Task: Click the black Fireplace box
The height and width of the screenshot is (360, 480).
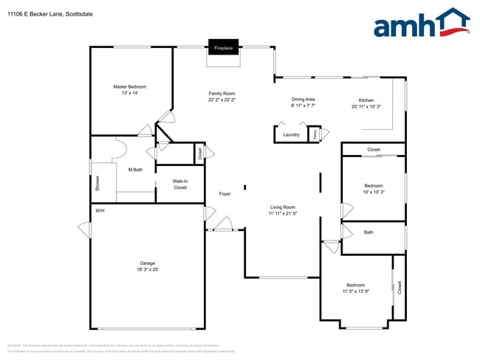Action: tap(223, 48)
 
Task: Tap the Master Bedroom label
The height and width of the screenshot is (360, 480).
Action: tap(129, 86)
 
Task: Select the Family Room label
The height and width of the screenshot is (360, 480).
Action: tap(222, 94)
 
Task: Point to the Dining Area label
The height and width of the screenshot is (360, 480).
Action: tap(303, 99)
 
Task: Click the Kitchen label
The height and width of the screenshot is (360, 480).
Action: tap(366, 100)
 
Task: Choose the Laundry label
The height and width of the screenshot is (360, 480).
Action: tap(291, 135)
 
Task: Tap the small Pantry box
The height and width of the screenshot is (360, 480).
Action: tap(315, 134)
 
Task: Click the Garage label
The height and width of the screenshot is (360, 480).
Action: tap(148, 263)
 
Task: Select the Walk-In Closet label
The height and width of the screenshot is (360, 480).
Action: tap(180, 184)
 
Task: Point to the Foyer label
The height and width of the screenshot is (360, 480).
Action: tap(225, 194)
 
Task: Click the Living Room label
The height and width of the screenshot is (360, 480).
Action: tap(282, 207)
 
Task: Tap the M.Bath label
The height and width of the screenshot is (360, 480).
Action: tap(135, 170)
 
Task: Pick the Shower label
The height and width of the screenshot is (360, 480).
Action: tap(97, 184)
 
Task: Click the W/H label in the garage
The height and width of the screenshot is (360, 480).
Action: tap(100, 212)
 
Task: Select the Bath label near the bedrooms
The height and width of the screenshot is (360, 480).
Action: tap(368, 232)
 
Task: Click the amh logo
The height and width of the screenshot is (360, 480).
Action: tap(422, 24)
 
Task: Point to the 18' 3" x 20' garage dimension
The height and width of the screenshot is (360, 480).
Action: tap(148, 270)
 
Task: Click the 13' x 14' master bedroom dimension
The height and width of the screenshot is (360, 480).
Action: tap(129, 93)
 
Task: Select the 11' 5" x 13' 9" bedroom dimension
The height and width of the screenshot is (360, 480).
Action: tap(355, 292)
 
